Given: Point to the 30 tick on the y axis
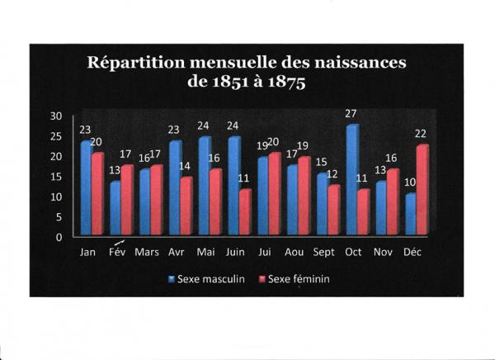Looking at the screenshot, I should [57, 116].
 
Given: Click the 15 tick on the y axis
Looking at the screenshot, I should [57, 177].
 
